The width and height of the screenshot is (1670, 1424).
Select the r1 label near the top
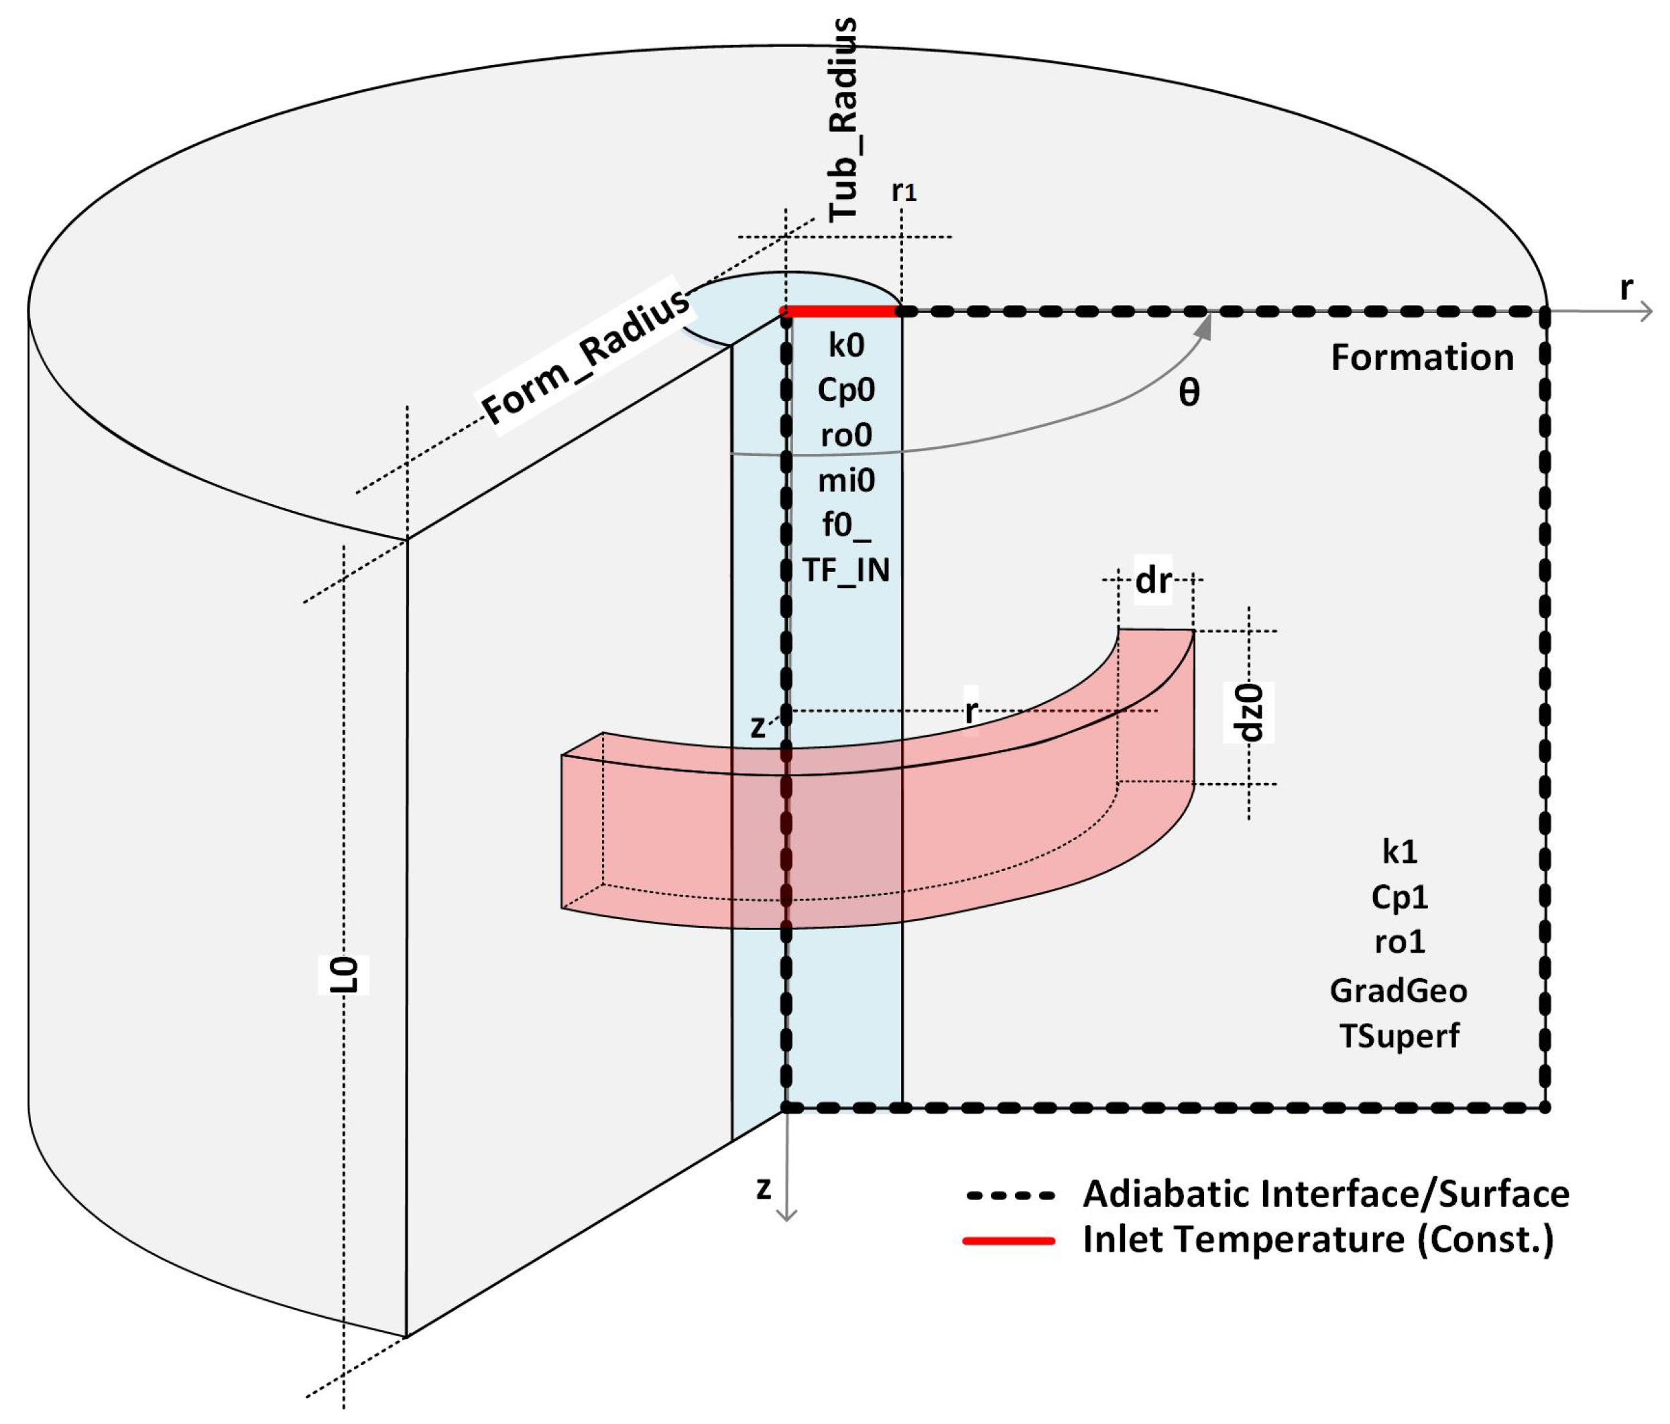[x=904, y=191]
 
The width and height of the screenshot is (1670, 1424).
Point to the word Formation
[x=1422, y=358]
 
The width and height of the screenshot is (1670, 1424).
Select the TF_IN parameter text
[x=845, y=571]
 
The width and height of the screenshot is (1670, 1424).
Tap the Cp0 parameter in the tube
[x=845, y=390]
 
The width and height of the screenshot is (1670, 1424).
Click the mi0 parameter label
[x=845, y=481]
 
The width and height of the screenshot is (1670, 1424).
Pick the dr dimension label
[x=1152, y=580]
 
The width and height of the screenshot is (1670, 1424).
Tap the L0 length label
[x=345, y=975]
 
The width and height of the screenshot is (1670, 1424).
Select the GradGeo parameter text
[x=1398, y=990]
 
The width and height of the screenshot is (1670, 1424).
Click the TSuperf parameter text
[x=1398, y=1036]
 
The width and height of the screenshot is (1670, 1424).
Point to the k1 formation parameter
[x=1398, y=852]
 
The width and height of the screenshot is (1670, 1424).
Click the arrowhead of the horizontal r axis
[x=1647, y=311]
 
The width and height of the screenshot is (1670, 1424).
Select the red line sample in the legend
[x=1010, y=1241]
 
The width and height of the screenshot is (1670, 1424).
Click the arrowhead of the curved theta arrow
[x=1206, y=323]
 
